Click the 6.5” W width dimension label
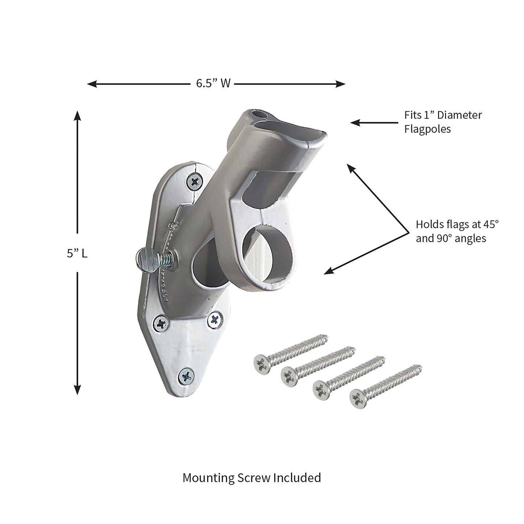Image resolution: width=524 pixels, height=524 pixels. (x=213, y=84)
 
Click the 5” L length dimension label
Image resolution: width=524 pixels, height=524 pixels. (x=77, y=253)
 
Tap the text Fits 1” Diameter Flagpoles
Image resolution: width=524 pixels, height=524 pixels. (x=443, y=122)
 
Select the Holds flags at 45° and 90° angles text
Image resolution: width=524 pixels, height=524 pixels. (x=457, y=231)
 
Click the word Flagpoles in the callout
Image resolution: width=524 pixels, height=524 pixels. (x=428, y=129)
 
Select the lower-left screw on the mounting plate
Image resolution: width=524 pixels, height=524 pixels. (x=161, y=322)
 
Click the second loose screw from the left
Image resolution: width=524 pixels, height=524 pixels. (x=290, y=375)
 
